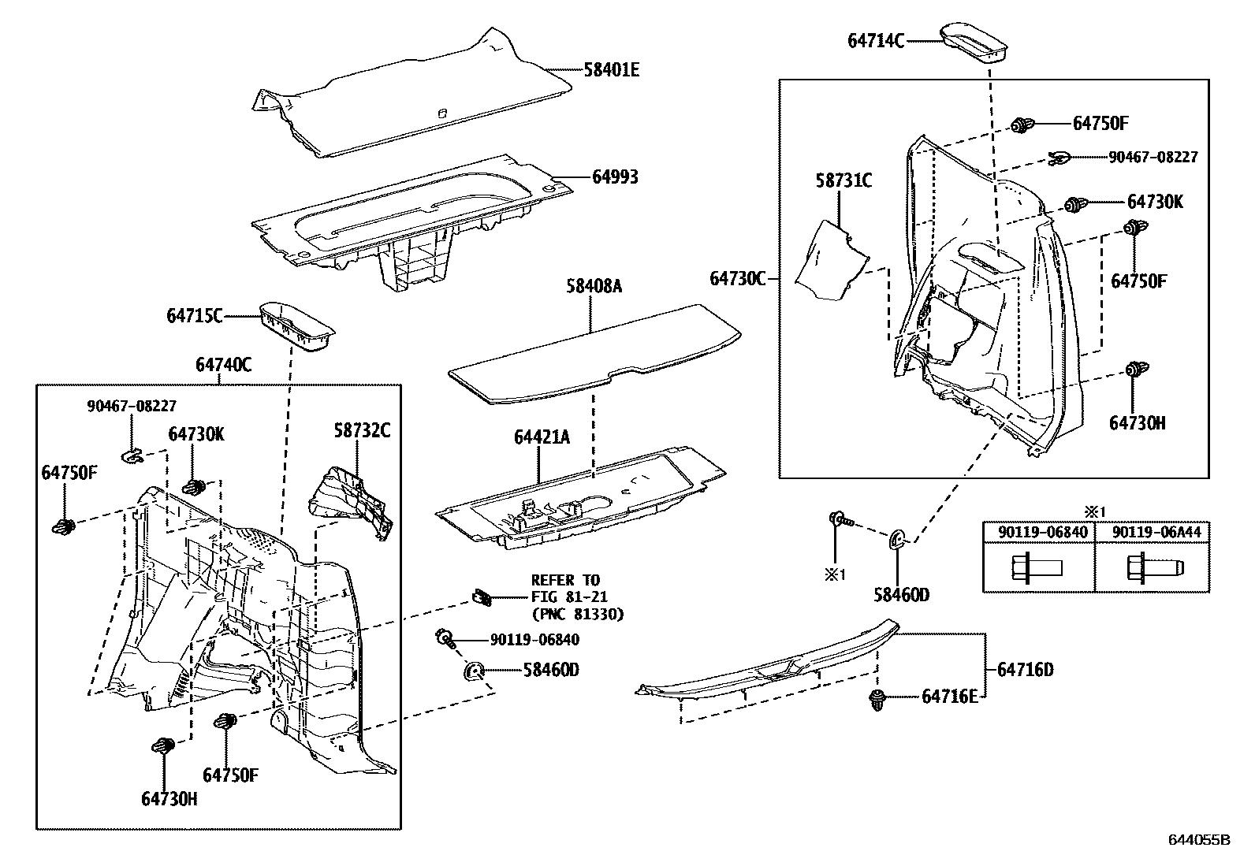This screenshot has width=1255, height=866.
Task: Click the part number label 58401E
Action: (611, 70)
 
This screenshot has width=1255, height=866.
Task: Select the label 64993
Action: (614, 177)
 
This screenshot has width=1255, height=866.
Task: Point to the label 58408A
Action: (593, 286)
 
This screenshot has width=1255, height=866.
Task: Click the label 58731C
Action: (843, 181)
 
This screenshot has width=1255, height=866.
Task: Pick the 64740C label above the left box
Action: (223, 365)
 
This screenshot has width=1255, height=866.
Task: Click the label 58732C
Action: (361, 430)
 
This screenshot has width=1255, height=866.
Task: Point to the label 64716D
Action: (1025, 670)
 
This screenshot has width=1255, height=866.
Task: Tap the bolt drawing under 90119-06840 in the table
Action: (1036, 567)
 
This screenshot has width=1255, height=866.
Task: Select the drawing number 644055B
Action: (1198, 840)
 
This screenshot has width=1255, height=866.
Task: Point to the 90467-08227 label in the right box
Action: (1153, 158)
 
